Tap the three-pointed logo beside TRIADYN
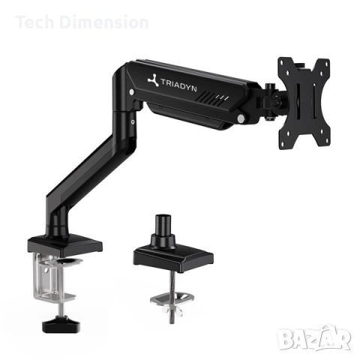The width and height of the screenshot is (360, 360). click(x=154, y=84)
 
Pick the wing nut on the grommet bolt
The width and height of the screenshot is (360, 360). click(x=172, y=301)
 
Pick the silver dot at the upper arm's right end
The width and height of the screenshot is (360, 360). click(x=241, y=118)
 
